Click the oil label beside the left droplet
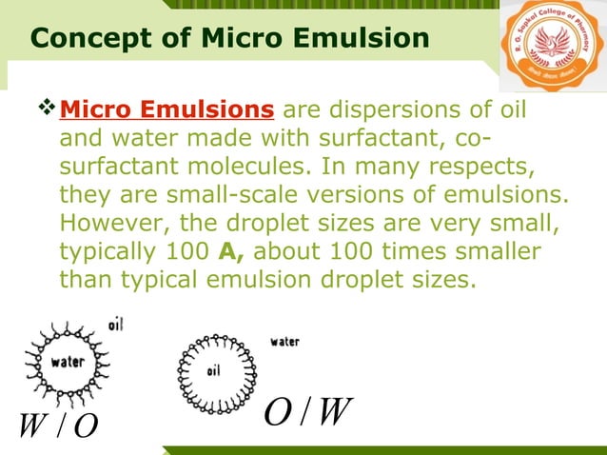pyautogui.click(x=114, y=325)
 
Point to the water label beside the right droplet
pyautogui.click(x=284, y=341)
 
